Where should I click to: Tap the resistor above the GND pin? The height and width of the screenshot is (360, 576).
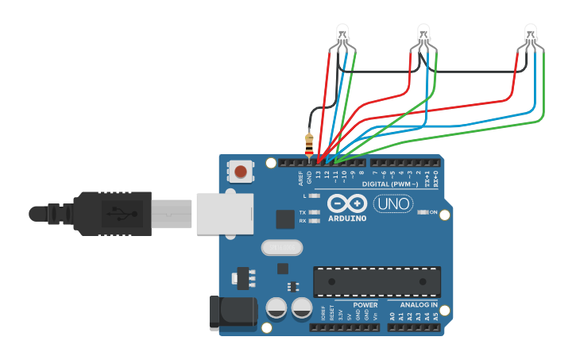[310, 144]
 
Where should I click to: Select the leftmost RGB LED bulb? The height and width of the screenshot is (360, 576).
[342, 34]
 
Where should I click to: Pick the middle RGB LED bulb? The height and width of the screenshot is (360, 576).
[424, 34]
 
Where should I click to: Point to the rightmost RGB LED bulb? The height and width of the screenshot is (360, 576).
[531, 34]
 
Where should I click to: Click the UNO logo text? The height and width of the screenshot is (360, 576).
[393, 204]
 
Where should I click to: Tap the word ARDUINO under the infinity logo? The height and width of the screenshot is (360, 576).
[347, 218]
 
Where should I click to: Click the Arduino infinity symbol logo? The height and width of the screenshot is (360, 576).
[347, 203]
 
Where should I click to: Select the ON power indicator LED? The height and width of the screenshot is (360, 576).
[423, 213]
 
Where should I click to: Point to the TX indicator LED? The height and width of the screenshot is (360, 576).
[315, 212]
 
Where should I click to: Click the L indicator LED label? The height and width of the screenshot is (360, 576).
[305, 195]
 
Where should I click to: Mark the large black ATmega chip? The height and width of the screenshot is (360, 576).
[377, 281]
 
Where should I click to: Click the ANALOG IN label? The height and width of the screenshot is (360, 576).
[419, 304]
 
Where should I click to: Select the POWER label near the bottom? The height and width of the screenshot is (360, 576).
[365, 304]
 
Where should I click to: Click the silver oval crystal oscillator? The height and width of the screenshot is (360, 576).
[283, 249]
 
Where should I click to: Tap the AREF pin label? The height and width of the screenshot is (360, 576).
[300, 176]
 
